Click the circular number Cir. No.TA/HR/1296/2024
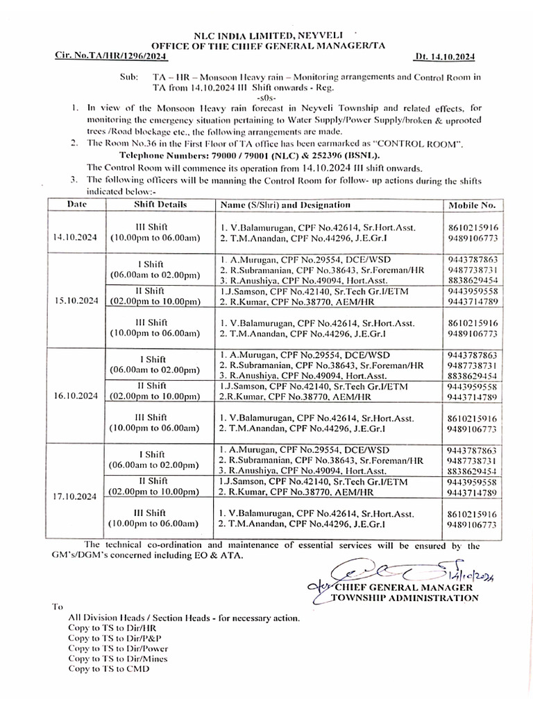[x=112, y=55]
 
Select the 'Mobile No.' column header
[x=472, y=206]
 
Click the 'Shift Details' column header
[x=160, y=205]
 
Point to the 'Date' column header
[x=76, y=205]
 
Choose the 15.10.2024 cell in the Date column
[x=75, y=302]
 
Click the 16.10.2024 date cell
[x=75, y=397]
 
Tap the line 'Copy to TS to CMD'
[x=108, y=668]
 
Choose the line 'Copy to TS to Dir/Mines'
[x=117, y=658]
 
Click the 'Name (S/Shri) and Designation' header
[x=285, y=205]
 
